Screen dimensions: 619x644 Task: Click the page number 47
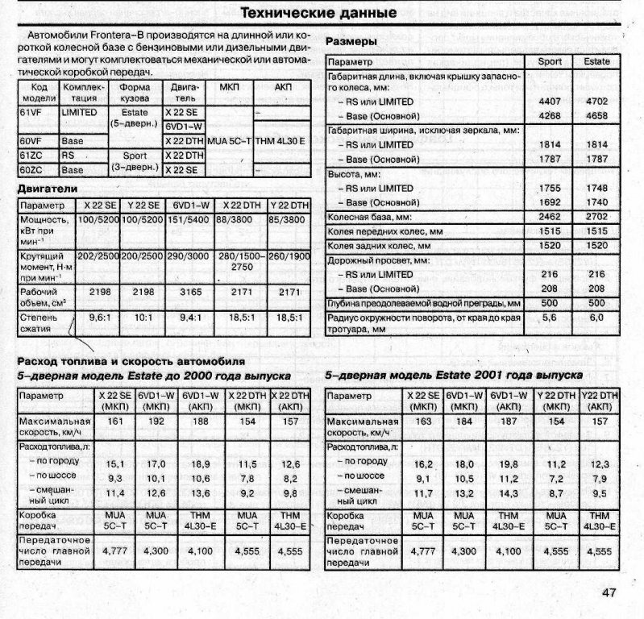tap(609, 593)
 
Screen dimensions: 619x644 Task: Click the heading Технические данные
tap(319, 14)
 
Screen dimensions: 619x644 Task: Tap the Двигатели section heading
tap(48, 189)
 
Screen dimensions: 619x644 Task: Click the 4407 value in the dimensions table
tap(549, 102)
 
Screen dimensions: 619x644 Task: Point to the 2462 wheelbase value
tap(549, 218)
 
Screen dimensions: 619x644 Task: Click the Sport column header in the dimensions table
tap(550, 61)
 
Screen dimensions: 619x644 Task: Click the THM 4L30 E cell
tap(281, 141)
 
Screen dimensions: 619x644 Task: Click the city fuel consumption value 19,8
tap(509, 463)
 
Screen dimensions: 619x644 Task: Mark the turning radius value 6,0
tap(596, 318)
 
